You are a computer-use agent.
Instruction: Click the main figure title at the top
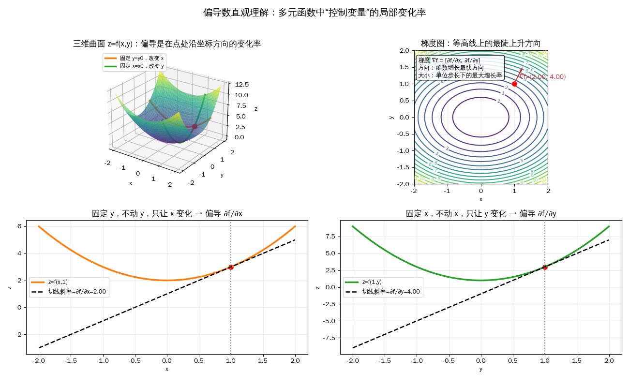(x=314, y=13)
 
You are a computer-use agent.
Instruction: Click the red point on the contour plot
(x=514, y=84)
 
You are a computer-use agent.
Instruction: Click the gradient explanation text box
(x=460, y=68)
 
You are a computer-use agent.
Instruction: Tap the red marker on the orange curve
(x=231, y=267)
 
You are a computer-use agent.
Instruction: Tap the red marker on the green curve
(x=545, y=267)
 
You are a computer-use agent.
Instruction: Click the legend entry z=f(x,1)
(x=58, y=282)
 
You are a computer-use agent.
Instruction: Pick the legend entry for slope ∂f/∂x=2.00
(x=77, y=292)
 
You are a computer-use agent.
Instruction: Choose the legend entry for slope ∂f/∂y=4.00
(x=391, y=292)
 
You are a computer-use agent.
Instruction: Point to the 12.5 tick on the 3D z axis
(x=242, y=84)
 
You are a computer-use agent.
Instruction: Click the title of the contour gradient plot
(x=480, y=44)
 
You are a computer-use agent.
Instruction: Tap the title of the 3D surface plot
(x=167, y=44)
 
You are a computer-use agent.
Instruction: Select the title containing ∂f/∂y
(x=481, y=213)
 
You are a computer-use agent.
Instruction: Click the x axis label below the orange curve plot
(x=167, y=369)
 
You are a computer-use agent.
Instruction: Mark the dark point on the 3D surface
(x=195, y=127)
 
